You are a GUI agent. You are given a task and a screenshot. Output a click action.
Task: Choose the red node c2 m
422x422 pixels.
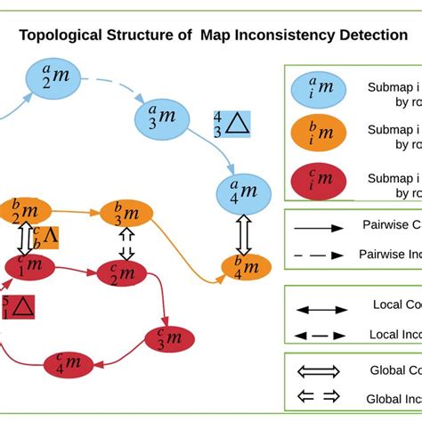(126, 275)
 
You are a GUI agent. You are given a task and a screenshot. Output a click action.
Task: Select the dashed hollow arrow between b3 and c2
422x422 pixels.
(127, 244)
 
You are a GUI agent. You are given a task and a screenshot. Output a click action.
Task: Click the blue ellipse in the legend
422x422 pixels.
(317, 88)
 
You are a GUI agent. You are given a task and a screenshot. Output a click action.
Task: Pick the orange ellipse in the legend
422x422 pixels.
(317, 134)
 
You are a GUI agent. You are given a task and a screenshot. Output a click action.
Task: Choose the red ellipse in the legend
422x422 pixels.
(317, 181)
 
